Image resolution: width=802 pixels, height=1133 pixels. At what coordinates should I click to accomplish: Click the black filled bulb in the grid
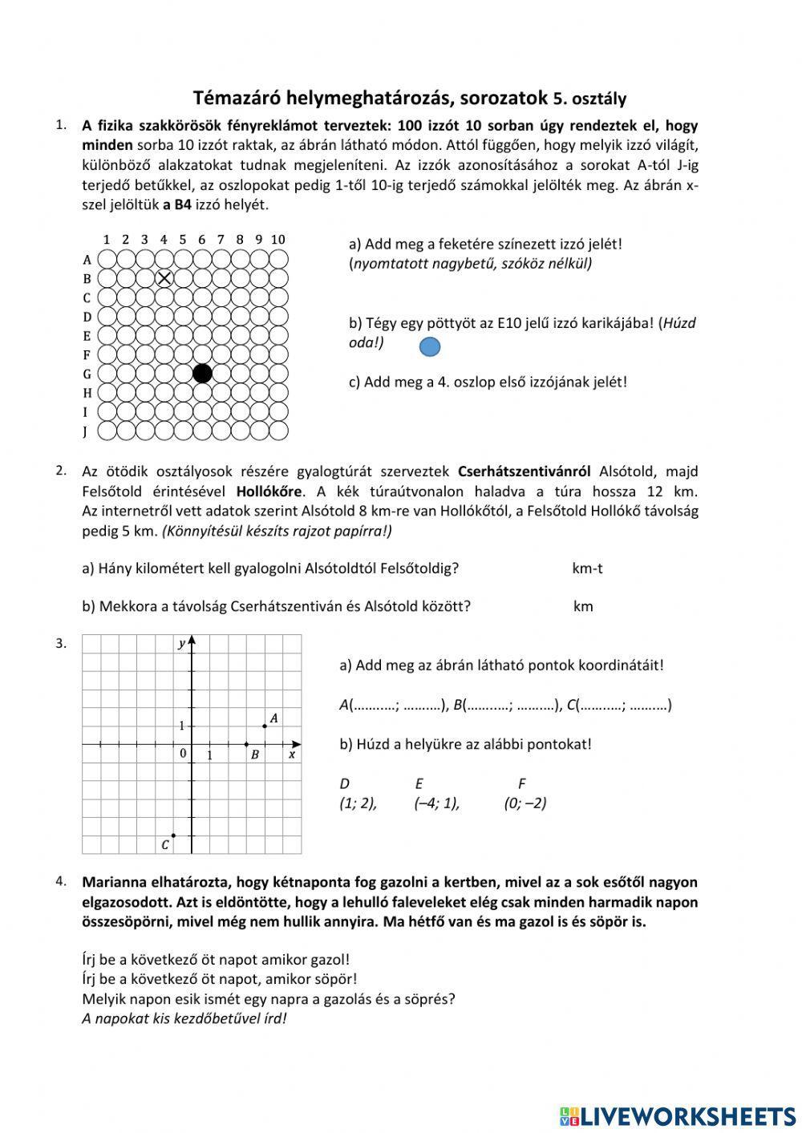tap(202, 373)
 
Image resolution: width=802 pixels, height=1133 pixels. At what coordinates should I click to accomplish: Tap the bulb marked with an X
tap(164, 278)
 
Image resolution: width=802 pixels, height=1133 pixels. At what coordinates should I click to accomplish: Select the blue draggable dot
tap(430, 346)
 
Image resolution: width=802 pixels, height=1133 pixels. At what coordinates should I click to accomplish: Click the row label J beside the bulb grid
tap(86, 431)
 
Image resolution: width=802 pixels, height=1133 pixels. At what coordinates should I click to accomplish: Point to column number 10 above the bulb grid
tap(277, 239)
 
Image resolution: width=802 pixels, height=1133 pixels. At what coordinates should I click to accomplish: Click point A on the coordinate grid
tap(265, 726)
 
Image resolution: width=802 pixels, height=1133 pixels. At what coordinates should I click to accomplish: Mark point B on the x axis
tap(246, 744)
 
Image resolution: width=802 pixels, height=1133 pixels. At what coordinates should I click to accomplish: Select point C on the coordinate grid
tap(173, 836)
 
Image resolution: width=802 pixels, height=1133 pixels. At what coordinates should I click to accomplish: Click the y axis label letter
tap(182, 644)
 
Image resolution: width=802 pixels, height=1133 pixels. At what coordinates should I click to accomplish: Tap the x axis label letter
tap(292, 755)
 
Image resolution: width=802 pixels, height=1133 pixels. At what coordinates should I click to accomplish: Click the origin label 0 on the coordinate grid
tap(183, 754)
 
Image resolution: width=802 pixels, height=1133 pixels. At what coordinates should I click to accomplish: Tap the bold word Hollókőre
tap(269, 491)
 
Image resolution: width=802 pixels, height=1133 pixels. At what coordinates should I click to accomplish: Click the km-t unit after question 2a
tap(587, 569)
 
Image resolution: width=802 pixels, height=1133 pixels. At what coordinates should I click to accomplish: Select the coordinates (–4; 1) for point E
tap(437, 803)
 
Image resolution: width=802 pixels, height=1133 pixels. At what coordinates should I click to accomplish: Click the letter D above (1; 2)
tap(345, 783)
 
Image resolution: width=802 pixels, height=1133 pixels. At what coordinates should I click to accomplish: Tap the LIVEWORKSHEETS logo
tap(678, 1115)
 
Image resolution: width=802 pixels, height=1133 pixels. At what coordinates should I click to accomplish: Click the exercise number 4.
tap(61, 881)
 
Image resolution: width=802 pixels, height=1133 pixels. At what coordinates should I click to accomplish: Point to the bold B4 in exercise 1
tap(183, 204)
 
